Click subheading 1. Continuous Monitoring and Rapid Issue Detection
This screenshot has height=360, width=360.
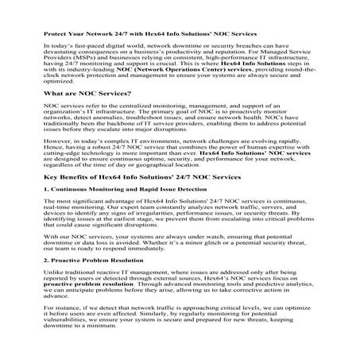(x=119, y=215)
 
